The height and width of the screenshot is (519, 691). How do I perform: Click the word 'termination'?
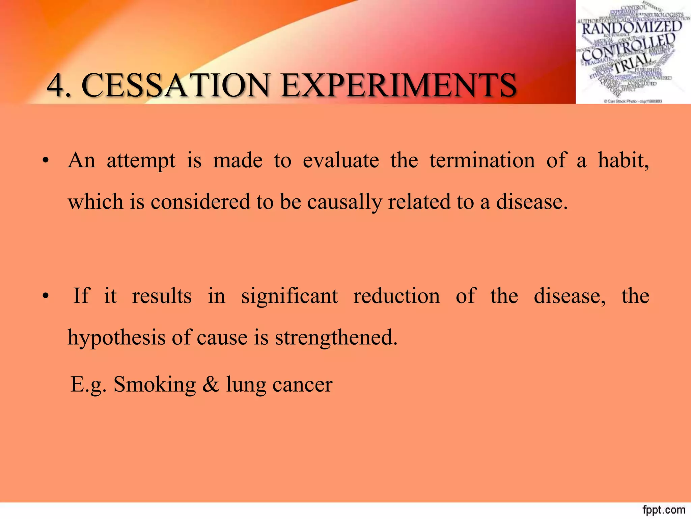pos(482,160)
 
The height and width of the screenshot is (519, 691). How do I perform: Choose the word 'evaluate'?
pos(341,160)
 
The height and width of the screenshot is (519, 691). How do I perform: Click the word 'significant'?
pos(289,296)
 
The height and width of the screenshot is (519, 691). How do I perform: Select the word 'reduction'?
pos(396,296)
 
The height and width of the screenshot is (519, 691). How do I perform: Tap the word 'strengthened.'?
pos(336,337)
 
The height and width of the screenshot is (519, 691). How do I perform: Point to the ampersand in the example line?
pos(211,385)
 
